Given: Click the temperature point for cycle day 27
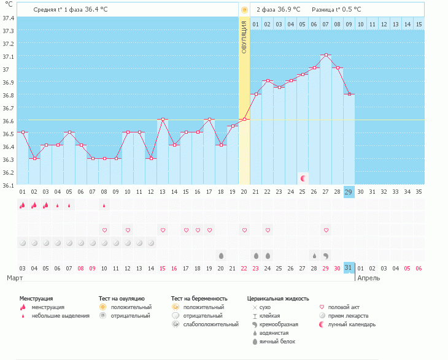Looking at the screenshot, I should click(326, 56).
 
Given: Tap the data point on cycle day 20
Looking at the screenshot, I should click(244, 119).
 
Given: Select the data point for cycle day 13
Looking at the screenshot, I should click(163, 119).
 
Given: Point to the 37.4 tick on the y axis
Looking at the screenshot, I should click(9, 18).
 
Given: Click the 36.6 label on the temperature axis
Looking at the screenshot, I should click(9, 120).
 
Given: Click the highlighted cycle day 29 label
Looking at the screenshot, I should click(349, 192).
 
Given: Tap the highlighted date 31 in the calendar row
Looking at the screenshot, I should click(349, 268).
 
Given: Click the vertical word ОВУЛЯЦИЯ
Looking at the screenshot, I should click(244, 37).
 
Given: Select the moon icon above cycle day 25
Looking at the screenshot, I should click(303, 178).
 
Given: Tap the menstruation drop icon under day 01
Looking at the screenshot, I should click(22, 205).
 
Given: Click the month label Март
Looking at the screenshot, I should click(15, 278).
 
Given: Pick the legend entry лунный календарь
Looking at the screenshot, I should click(352, 324).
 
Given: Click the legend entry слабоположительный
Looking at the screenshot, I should click(210, 324).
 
